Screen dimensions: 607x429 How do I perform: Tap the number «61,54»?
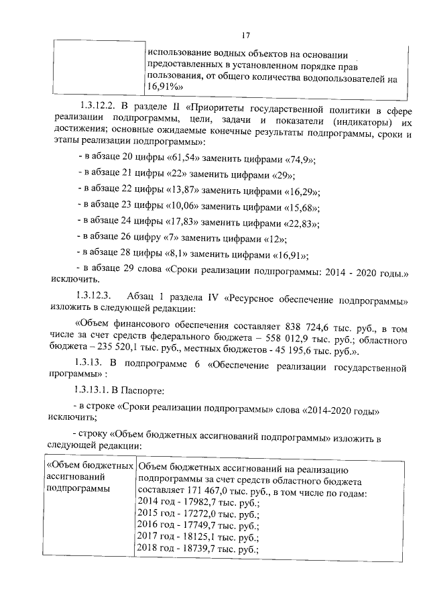coord(170,159)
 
